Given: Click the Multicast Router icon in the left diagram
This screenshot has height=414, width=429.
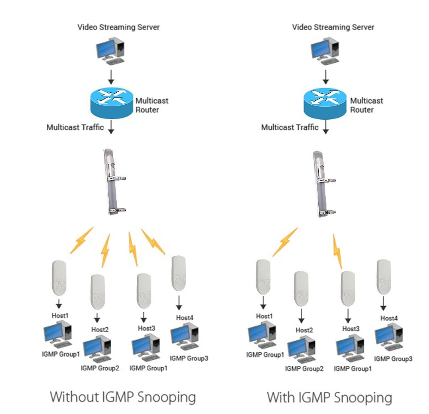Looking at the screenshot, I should tap(111, 102).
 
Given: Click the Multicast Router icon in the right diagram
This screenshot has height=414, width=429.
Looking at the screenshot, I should tap(325, 102).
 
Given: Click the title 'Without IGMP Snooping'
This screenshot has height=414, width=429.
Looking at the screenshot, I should tap(123, 396).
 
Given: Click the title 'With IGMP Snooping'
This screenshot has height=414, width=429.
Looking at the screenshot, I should tap(329, 397).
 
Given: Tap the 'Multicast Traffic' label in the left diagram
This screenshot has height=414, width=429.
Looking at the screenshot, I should tap(75, 127).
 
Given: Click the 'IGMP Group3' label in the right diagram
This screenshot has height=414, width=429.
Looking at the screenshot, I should tap(393, 359).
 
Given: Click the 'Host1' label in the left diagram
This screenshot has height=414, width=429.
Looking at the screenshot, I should tap(60, 316).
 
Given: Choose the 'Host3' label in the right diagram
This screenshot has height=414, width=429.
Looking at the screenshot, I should tap(350, 329).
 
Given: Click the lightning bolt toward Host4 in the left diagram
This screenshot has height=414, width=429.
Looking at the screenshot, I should tap(153, 242).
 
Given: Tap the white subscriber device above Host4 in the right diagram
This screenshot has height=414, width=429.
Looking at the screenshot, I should tap(384, 277).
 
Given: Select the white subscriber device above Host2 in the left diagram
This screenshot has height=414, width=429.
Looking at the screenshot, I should tap(98, 292).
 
